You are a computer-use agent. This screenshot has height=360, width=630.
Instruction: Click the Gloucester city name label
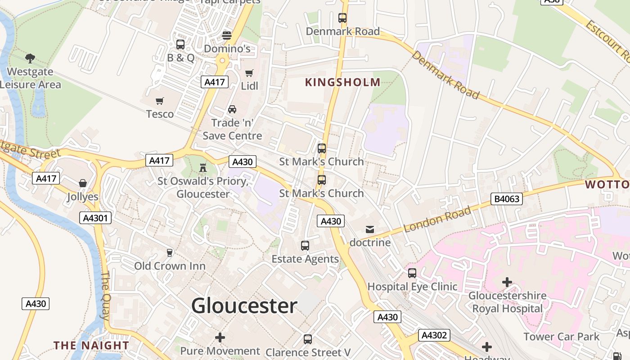[244, 306]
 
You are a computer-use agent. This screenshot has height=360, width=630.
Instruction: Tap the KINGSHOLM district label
[342, 82]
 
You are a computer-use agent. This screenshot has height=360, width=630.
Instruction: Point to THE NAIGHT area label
[91, 345]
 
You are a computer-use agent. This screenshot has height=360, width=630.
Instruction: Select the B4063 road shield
[507, 198]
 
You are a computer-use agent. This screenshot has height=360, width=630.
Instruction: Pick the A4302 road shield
[434, 335]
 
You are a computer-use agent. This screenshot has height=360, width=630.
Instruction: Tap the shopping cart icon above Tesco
[159, 101]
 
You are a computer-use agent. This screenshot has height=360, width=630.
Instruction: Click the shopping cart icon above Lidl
[249, 73]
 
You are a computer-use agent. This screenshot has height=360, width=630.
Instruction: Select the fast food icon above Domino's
[227, 35]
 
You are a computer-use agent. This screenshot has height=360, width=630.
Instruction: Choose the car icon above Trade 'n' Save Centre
[232, 109]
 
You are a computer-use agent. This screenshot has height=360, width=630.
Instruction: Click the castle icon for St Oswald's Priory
[203, 168]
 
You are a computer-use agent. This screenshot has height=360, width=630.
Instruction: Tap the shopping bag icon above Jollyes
[83, 183]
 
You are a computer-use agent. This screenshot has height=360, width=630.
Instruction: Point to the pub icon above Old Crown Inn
[170, 252]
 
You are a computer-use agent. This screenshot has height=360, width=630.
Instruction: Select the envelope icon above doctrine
[370, 229]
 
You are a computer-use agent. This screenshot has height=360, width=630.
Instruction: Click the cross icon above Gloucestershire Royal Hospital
[507, 282]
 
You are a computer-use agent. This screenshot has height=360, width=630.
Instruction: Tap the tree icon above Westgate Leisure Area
[30, 58]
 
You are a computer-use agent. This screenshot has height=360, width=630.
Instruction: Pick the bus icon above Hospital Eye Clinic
[412, 273]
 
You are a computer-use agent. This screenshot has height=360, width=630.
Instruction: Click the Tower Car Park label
[561, 336]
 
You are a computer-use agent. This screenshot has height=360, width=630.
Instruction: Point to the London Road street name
[437, 219]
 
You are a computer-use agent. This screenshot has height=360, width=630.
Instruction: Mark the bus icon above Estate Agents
[305, 245]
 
